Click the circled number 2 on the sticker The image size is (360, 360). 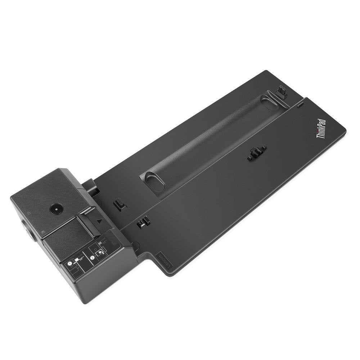[x=93, y=257]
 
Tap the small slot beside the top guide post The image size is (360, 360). [x=300, y=105]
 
